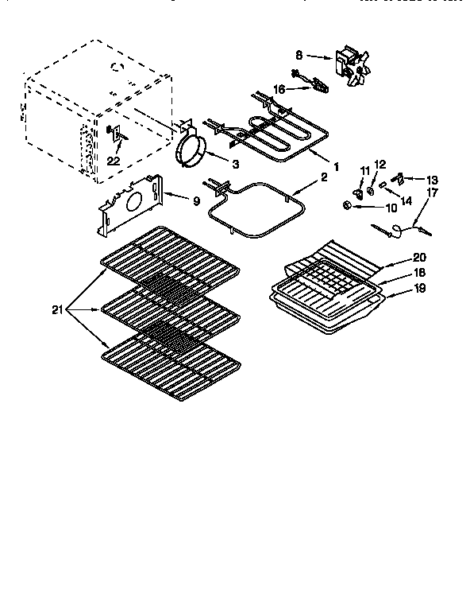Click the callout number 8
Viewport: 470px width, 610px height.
click(x=299, y=56)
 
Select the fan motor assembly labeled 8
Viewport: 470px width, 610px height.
click(x=350, y=65)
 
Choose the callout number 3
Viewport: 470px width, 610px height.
click(x=235, y=165)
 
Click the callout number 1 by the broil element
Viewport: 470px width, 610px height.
click(x=337, y=167)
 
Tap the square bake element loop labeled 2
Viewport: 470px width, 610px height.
click(x=258, y=211)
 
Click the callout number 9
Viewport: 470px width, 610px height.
click(x=197, y=201)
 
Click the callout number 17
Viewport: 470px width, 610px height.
click(x=433, y=192)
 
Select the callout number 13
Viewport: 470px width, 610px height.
click(x=433, y=179)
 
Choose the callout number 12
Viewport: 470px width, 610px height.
click(x=379, y=164)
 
